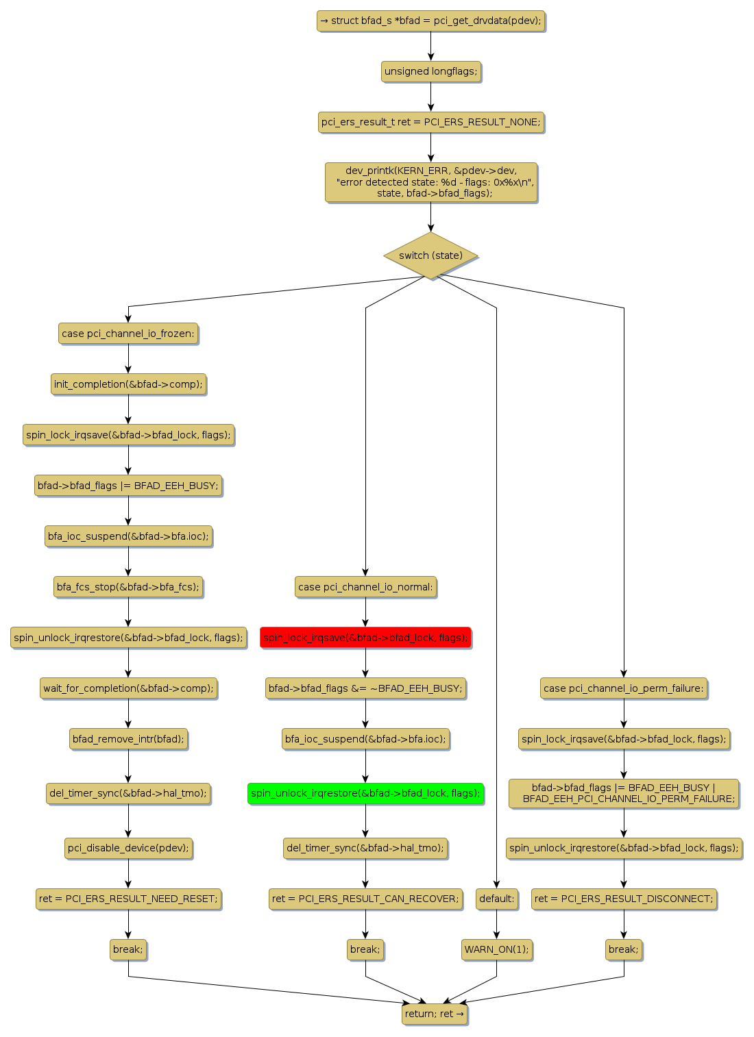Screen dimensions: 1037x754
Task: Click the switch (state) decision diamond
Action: [430, 255]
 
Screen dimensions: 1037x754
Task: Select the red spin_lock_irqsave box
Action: [365, 638]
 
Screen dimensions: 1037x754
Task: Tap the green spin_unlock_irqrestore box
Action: [365, 793]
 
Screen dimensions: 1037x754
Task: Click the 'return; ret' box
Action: [435, 1014]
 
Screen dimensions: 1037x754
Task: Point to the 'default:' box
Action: [496, 899]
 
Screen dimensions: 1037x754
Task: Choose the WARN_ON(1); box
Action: [496, 949]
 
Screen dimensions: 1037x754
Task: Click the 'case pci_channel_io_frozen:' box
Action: [128, 334]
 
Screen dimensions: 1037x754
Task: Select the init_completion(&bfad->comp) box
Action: [128, 384]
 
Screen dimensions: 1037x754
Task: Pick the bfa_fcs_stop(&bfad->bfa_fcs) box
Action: [128, 587]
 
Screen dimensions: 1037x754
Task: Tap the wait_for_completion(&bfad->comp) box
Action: [128, 688]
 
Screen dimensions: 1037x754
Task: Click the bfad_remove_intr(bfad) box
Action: [128, 739]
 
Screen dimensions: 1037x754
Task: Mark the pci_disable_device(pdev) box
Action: [128, 848]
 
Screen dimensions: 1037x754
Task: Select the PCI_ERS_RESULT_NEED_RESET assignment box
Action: [128, 899]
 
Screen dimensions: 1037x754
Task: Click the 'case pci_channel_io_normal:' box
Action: [365, 587]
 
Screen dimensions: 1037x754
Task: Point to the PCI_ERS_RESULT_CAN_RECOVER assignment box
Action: [365, 899]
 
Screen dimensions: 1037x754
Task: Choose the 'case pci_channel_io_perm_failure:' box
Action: [623, 688]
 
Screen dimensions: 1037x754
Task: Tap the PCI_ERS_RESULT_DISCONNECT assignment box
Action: [623, 899]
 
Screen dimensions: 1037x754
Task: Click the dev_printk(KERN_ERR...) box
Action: [430, 182]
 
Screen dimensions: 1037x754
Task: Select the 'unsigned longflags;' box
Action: [430, 71]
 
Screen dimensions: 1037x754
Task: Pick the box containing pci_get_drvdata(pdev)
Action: [430, 21]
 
